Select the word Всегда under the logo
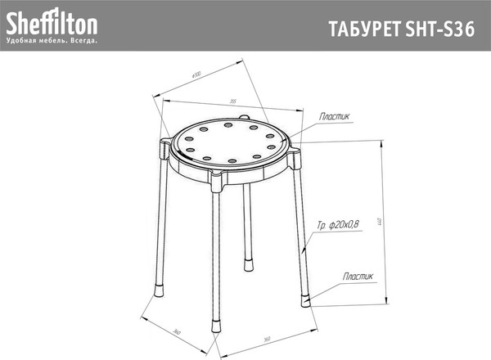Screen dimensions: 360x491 pyautogui.click(x=83, y=40)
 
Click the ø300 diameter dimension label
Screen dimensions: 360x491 pyautogui.click(x=196, y=74)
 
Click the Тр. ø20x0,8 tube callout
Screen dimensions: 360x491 pyautogui.click(x=338, y=223)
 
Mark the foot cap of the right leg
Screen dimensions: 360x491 pyautogui.click(x=307, y=297)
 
